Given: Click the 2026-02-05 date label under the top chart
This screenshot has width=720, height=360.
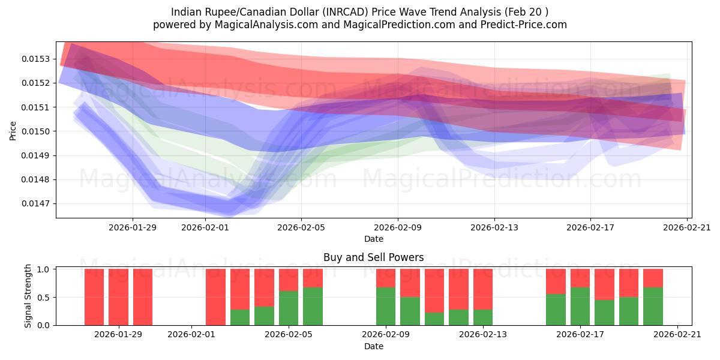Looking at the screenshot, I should click(x=301, y=227).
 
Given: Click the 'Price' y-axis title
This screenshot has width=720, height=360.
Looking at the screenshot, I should click(x=13, y=130).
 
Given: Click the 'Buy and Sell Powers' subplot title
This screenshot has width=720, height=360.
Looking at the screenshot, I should click(x=373, y=257).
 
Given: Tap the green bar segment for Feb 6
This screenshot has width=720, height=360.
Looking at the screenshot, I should click(x=313, y=306).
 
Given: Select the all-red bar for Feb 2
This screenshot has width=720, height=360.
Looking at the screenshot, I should click(x=215, y=297).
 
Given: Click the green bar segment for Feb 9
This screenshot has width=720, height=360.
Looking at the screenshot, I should click(x=386, y=306).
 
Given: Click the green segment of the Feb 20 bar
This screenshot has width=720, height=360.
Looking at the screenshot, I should click(x=653, y=306).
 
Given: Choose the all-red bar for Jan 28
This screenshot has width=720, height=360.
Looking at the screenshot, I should click(x=118, y=297).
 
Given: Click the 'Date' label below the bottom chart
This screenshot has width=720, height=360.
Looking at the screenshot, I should click(x=373, y=346).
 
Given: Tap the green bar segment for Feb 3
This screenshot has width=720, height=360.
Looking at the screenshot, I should click(x=240, y=317).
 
